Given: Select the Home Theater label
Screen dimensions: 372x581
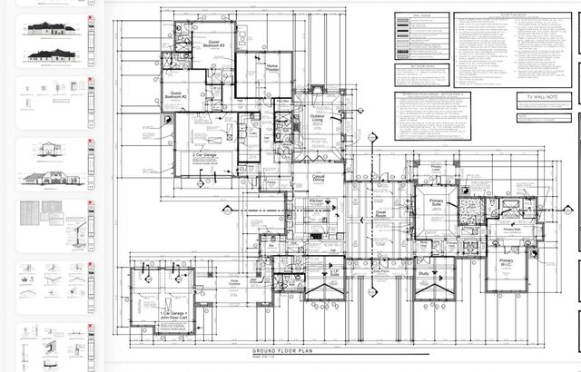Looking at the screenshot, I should (272, 69).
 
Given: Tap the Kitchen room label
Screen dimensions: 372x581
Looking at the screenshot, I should (316, 201).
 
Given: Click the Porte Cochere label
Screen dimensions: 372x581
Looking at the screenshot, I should (234, 283).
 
